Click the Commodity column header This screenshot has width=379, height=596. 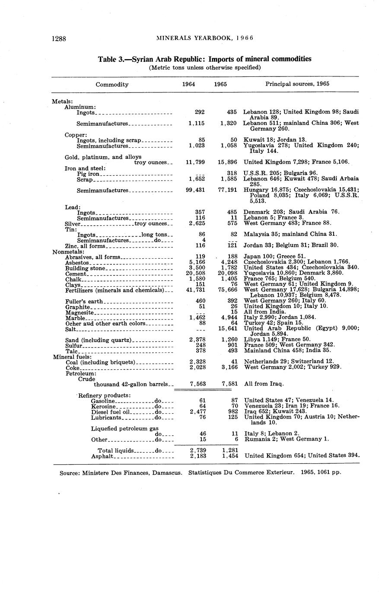coord(112,84)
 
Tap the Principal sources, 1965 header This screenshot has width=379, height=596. coord(297,84)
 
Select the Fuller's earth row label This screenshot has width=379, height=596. coord(84,301)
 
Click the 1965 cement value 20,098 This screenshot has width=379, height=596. coord(227,274)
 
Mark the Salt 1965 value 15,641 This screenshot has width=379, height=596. coord(227,329)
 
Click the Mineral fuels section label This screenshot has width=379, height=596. coord(72,357)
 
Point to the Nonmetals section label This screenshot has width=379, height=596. coord(68,251)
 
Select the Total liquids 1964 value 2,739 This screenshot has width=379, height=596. coord(197,450)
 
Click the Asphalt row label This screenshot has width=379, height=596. coord(102,456)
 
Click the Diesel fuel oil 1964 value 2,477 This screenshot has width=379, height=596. coord(197,412)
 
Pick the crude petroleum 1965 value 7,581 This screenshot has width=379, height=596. coord(227,384)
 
